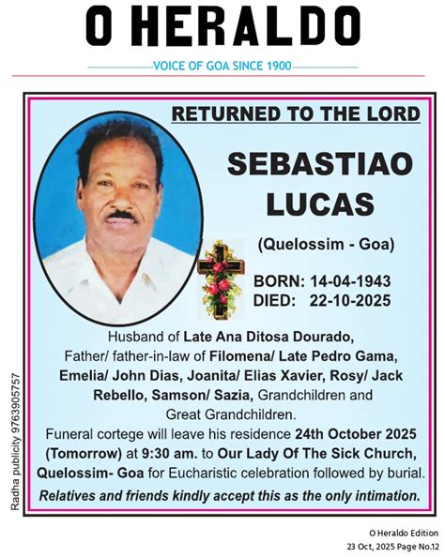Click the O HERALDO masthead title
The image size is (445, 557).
222,28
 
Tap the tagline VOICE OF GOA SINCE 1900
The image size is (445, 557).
222,67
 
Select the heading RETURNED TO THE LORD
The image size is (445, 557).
296,114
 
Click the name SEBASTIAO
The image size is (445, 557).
319,163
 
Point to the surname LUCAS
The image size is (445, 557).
320,203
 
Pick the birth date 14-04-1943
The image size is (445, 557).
353,281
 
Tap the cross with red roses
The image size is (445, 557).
222,278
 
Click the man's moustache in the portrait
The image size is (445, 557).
119,215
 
